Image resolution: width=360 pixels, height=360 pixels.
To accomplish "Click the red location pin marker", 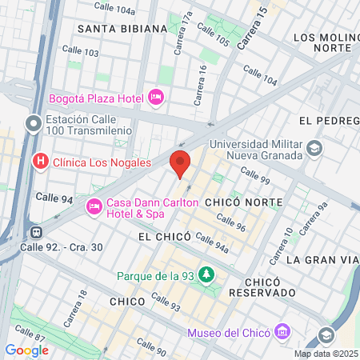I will [x=181, y=162].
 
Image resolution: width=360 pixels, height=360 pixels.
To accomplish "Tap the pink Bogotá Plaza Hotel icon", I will [x=155, y=98].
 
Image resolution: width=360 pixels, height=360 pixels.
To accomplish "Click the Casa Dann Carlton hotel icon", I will [x=94, y=207].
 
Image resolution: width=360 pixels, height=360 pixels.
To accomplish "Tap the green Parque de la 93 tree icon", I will [x=207, y=275].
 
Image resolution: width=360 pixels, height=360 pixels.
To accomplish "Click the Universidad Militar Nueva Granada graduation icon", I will [x=315, y=148].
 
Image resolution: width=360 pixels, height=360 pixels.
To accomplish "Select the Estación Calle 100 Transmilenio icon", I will [x=34, y=124].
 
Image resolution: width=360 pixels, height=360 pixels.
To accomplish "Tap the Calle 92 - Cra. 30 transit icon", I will [x=35, y=232].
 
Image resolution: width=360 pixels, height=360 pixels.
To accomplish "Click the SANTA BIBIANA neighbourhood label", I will [x=122, y=28].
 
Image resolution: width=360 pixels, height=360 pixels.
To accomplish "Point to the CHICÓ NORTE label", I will [x=238, y=203].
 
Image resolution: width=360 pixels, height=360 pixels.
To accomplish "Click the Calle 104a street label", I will [x=114, y=8].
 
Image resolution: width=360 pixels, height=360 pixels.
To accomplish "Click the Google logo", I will [x=26, y=350].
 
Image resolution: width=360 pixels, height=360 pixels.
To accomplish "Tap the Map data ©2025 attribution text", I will [x=324, y=354].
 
